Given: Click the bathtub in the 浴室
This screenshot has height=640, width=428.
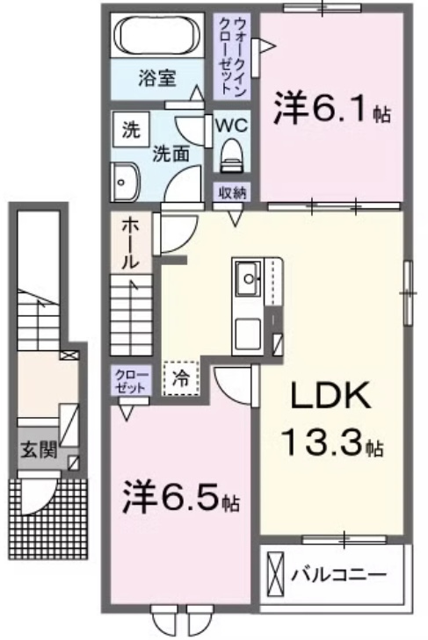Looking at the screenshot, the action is tap(157, 35).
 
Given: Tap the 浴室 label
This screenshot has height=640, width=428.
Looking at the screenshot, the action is tap(157, 78).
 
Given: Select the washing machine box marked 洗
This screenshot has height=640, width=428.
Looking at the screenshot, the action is tap(131, 129).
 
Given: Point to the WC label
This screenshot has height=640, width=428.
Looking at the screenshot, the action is tap(231, 125).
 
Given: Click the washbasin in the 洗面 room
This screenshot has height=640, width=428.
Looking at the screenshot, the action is tap(125, 182).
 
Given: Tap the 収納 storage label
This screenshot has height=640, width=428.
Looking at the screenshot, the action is tap(232, 192).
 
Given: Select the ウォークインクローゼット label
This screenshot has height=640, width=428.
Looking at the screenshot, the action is tap(232, 57).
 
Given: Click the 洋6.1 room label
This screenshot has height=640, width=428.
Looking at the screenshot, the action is tap(332, 109).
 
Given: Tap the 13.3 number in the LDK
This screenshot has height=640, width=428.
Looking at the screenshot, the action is tap(322, 443).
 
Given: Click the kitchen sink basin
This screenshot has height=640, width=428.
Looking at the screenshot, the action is tap(247, 278).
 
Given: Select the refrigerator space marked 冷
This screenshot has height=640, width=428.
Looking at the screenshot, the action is tap(180, 378).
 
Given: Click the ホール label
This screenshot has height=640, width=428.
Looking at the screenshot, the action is tap(131, 242).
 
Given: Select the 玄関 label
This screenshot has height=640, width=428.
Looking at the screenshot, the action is tap(39, 450).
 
